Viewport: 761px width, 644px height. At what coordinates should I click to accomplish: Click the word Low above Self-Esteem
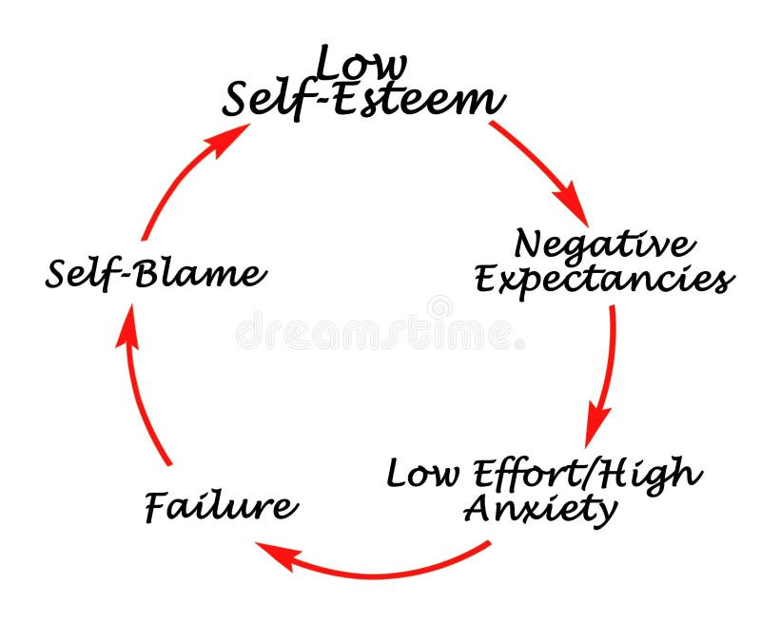pyautogui.click(x=361, y=65)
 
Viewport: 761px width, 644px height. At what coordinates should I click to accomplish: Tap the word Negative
pyautogui.click(x=604, y=245)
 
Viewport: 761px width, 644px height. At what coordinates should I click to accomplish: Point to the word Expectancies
pyautogui.click(x=604, y=280)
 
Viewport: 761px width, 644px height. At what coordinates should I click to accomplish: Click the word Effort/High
pyautogui.click(x=580, y=473)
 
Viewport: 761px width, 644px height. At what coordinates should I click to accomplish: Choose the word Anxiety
pyautogui.click(x=539, y=509)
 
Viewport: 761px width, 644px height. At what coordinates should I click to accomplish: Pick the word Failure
pyautogui.click(x=221, y=505)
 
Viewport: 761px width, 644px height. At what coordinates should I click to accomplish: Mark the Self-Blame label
pyautogui.click(x=155, y=275)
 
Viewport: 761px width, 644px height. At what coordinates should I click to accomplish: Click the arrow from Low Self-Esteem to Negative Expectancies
pyautogui.click(x=537, y=167)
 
